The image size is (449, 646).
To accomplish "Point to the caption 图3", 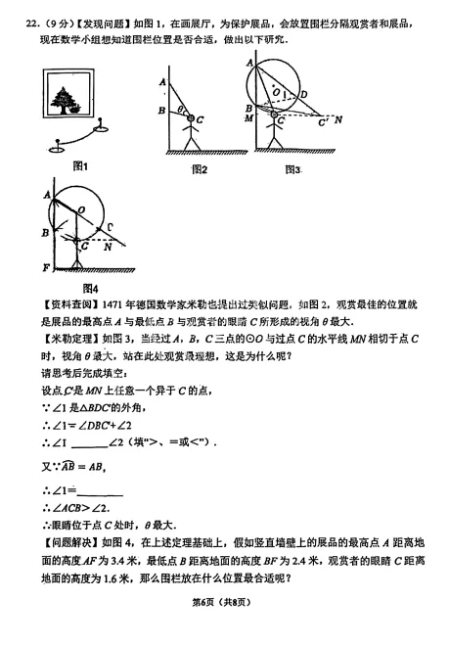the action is (292, 169).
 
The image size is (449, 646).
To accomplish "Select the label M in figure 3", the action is (248, 118).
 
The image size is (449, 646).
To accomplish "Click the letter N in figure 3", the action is (337, 120).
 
